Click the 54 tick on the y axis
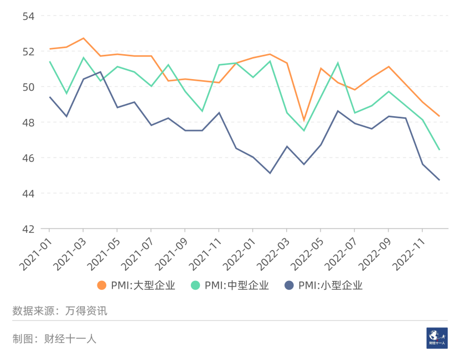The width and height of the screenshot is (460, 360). [x=28, y=16]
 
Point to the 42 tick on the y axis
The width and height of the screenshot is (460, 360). [x=28, y=229]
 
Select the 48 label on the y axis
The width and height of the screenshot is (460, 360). [x=28, y=122]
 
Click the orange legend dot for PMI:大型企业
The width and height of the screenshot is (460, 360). [x=101, y=285]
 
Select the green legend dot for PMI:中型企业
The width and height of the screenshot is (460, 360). [x=195, y=285]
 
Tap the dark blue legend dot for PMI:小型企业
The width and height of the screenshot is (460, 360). [x=289, y=285]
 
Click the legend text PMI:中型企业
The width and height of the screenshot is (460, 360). [x=236, y=285]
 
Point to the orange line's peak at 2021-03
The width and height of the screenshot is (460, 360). [x=83, y=38]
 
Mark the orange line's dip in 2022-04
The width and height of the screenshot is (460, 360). [x=303, y=120]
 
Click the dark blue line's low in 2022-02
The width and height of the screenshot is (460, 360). [x=270, y=173]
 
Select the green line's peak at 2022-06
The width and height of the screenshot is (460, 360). [x=338, y=63]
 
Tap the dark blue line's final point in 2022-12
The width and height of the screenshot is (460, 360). [x=439, y=180]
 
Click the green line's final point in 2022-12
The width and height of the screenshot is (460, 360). [x=439, y=149]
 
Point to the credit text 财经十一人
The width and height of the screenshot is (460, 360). [x=70, y=338]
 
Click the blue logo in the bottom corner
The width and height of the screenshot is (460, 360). [x=437, y=337]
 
